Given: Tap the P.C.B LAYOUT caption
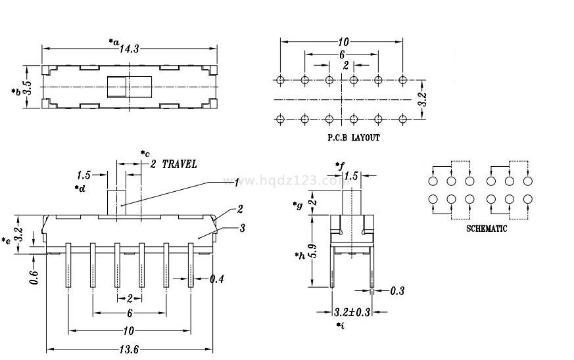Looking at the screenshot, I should (353, 138).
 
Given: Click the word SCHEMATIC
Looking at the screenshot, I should (487, 229).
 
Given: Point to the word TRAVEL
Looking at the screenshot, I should (179, 164).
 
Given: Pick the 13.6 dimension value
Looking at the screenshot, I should (129, 349).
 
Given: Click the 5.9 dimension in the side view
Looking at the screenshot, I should (313, 251).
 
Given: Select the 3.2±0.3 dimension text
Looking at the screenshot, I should (352, 312).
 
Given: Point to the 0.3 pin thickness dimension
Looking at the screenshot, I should (397, 290).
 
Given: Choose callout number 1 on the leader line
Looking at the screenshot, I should (237, 182).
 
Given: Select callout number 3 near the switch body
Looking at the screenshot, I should (243, 228).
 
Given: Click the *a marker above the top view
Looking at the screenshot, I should (114, 41).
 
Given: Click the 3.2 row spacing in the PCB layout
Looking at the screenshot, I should (422, 99).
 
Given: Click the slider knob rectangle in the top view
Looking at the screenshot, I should (119, 87).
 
